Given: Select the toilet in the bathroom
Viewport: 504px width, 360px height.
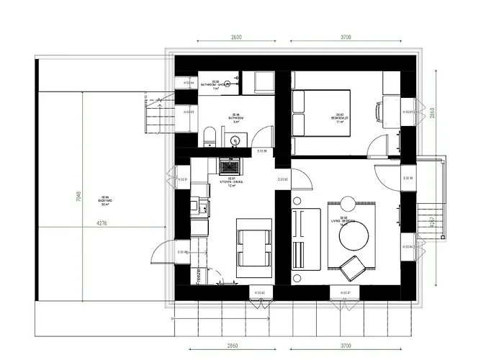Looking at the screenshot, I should coord(209,135).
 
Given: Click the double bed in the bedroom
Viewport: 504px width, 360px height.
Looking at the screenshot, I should coord(322,112).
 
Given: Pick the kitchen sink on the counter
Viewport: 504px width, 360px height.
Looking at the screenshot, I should coord(204,209).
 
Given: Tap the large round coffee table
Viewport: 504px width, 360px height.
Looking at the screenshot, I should coord(354,235).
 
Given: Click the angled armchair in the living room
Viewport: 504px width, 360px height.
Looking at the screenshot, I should coord(353,267).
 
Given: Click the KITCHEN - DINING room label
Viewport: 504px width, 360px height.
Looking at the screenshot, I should coord(232,181).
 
